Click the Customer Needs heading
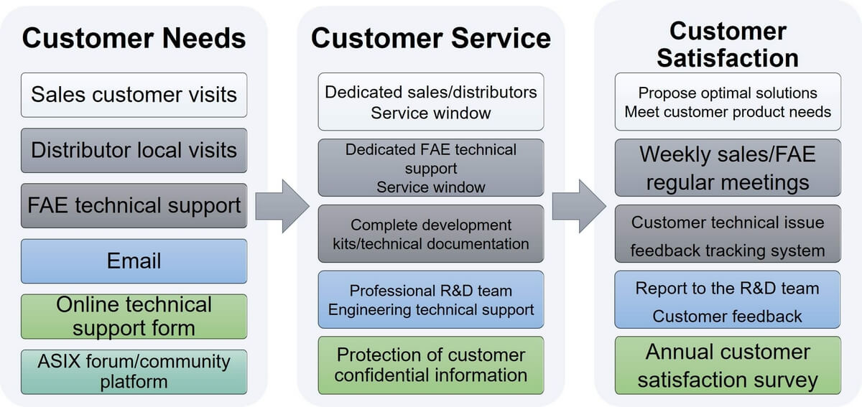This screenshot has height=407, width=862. tap(134, 38)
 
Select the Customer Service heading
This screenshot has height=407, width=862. tap(430, 38)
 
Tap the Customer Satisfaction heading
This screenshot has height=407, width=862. tap(727, 44)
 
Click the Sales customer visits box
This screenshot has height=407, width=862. tap(134, 95)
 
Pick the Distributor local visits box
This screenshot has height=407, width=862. tap(134, 150)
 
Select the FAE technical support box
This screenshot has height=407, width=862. tap(134, 205)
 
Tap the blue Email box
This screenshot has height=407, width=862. tap(134, 261)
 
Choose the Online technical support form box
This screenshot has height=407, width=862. tap(134, 317)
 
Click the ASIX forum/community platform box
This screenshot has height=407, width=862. tap(134, 371)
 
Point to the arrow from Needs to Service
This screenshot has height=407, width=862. tap(282, 205)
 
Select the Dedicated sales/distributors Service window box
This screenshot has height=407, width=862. tap(430, 102)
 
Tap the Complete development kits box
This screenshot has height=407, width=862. tap(430, 234)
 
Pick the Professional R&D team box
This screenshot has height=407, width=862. tap(430, 300)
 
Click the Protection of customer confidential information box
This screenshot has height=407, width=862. tap(430, 365)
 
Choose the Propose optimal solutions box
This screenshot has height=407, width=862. tap(727, 102)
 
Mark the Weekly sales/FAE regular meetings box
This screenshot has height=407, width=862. tap(727, 168)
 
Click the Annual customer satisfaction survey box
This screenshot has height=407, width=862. tap(727, 365)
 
